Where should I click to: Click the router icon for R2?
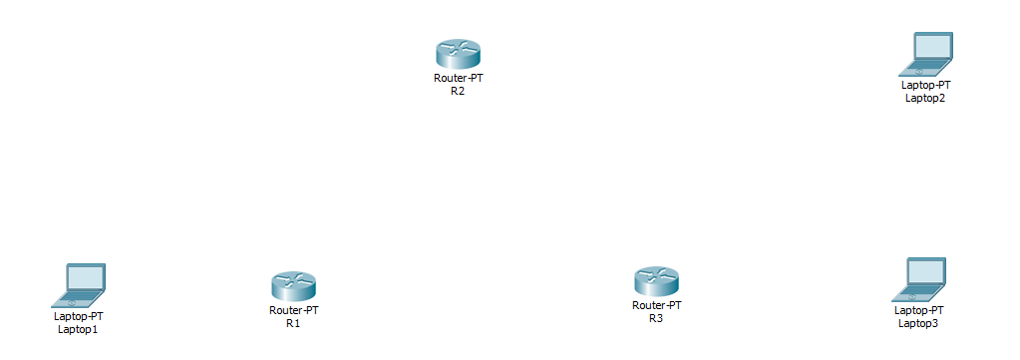tap(458, 54)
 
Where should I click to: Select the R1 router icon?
tap(293, 287)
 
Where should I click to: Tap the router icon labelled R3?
tap(656, 282)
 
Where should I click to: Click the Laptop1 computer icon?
tap(79, 285)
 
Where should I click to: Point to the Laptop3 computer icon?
tap(918, 280)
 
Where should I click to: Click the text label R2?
tap(458, 91)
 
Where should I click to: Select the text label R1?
tap(293, 323)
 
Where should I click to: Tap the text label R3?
tap(656, 318)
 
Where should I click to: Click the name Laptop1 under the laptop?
tap(78, 328)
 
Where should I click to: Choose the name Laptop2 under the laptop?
tap(925, 98)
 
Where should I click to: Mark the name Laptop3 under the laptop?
tap(918, 323)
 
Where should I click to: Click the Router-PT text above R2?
tap(458, 78)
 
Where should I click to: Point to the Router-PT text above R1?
tap(293, 310)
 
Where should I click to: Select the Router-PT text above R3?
tap(656, 305)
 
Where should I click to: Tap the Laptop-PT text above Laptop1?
tap(78, 316)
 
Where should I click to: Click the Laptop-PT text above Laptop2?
tap(925, 85)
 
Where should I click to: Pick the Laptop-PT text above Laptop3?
tap(918, 310)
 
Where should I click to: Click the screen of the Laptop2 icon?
tap(933, 47)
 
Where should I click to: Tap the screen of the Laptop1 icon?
tap(85, 277)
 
